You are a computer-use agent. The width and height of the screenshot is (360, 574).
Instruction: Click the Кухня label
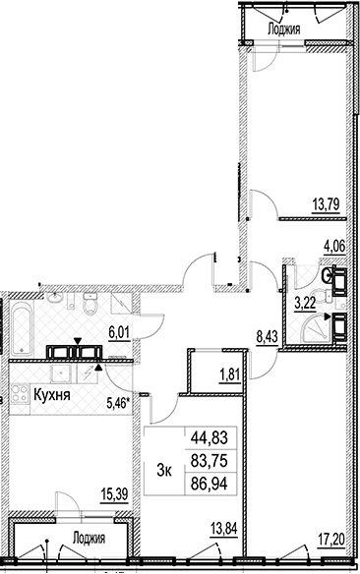pyautogui.click(x=52, y=395)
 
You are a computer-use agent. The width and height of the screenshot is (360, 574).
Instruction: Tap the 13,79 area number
pyautogui.click(x=327, y=202)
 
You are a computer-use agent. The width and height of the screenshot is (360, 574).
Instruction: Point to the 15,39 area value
pyautogui.click(x=114, y=495)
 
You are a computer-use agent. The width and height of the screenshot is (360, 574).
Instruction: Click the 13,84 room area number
pyautogui.click(x=223, y=530)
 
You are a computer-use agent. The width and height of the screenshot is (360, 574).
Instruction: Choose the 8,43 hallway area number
pyautogui.click(x=267, y=335)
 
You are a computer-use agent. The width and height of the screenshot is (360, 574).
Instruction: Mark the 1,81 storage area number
pyautogui.click(x=229, y=375)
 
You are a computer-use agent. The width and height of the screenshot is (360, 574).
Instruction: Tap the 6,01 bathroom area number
pyautogui.click(x=119, y=333)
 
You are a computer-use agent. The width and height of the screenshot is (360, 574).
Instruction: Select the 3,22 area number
pyautogui.click(x=305, y=304)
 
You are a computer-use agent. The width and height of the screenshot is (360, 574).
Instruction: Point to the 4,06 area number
pyautogui.click(x=334, y=246)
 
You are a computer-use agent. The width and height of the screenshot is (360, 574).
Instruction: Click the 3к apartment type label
pyautogui.click(x=164, y=472)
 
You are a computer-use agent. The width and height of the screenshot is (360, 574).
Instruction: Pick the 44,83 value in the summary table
pyautogui.click(x=210, y=437)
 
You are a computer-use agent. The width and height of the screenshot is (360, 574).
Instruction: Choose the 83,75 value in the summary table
pyautogui.click(x=210, y=461)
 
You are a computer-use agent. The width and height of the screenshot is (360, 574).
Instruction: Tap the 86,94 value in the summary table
pyautogui.click(x=210, y=484)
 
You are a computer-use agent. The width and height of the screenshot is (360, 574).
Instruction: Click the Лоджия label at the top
pyautogui.click(x=284, y=29)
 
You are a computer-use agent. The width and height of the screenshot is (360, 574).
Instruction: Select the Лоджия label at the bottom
pyautogui.click(x=89, y=539)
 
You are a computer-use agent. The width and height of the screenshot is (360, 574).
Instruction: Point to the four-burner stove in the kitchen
pyautogui.click(x=19, y=394)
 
